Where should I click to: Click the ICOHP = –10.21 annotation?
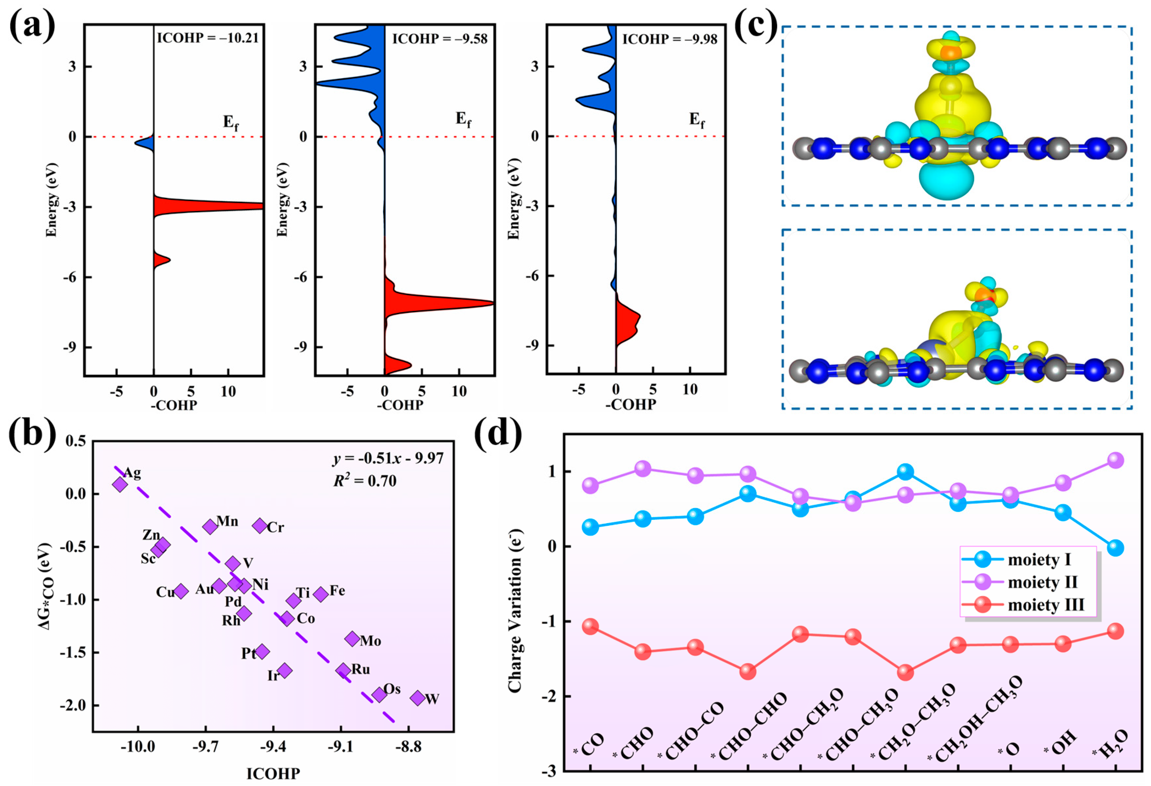[x=208, y=38]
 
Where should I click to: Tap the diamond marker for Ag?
[x=120, y=484]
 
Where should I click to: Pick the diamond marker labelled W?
[x=418, y=698]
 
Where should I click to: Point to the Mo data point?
[x=352, y=639]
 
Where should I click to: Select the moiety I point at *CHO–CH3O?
[x=905, y=472]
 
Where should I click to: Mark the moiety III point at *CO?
[x=590, y=626]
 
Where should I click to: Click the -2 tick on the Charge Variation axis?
[x=548, y=696]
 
